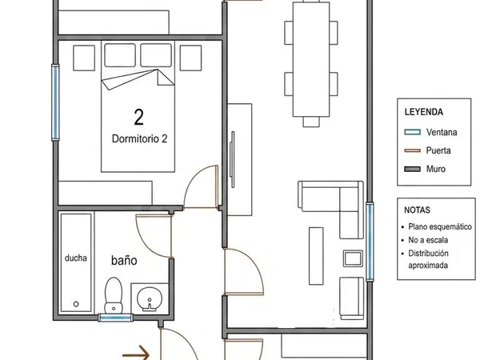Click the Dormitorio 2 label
(139, 138)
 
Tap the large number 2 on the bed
(138, 117)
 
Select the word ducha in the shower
(76, 258)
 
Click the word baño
(124, 261)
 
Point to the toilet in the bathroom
(114, 295)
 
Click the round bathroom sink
(150, 299)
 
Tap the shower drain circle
(76, 304)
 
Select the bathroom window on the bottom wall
(115, 318)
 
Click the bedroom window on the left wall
(55, 102)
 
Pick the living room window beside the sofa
(370, 242)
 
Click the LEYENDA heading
(424, 112)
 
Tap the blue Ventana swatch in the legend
(412, 132)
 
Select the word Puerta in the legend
(438, 150)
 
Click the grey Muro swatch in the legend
(412, 169)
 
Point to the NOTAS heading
(417, 210)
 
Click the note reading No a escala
(428, 240)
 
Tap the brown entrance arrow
(136, 354)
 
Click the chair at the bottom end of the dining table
(311, 122)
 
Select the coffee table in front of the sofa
(316, 256)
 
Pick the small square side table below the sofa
(353, 258)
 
